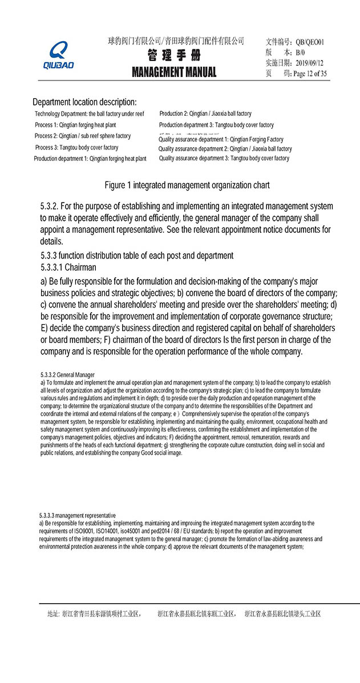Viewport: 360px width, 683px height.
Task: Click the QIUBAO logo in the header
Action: coord(59,55)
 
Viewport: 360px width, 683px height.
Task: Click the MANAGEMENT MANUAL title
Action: coord(174,72)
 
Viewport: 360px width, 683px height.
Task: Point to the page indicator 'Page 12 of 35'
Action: coord(310,74)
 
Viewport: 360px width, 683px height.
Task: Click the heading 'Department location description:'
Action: coord(84,102)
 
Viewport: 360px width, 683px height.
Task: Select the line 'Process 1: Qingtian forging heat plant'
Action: coord(75,125)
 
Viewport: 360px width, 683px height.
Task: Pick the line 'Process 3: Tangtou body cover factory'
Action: coord(76,148)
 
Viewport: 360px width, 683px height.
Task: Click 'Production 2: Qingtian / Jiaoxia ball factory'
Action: coord(205,114)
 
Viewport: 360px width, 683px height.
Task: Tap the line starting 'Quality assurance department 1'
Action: coord(221,139)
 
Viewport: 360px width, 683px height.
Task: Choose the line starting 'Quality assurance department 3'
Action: coord(224,159)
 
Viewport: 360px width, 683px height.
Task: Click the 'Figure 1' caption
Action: coord(187,185)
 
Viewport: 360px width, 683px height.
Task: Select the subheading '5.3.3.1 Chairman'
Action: coord(68,267)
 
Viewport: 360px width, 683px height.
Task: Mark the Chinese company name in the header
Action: coord(176,41)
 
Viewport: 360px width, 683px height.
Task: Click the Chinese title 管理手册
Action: coord(174,56)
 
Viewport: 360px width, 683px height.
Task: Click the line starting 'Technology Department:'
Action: coord(90,114)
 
